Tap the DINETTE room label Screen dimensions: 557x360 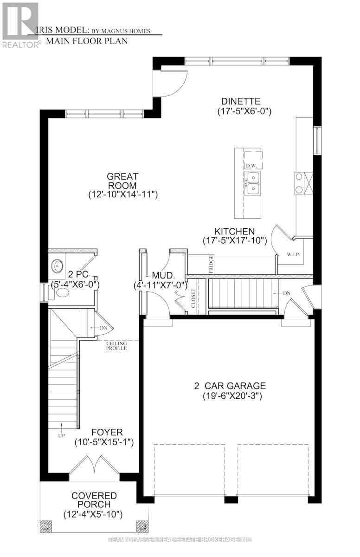click(240, 101)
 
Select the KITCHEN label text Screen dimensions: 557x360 click(234, 231)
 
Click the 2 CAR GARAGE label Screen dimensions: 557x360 click(230, 386)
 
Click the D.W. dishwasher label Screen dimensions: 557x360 click(251, 166)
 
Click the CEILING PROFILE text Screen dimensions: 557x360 click(116, 345)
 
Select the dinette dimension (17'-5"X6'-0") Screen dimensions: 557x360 click(244, 111)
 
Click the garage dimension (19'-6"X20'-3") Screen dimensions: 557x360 click(230, 396)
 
